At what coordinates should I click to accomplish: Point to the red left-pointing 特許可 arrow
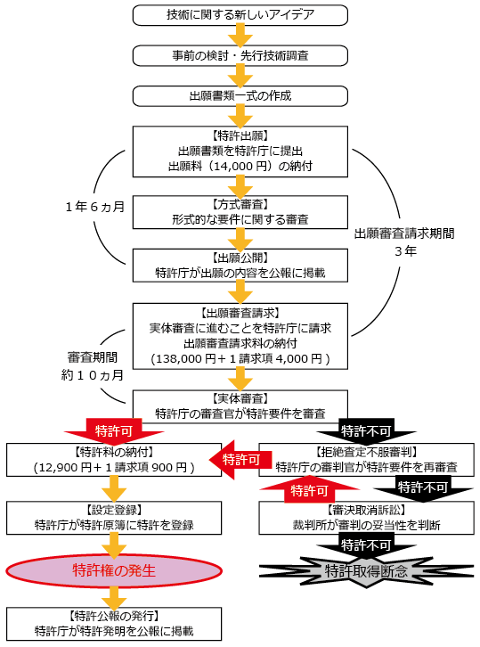[x=238, y=460]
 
